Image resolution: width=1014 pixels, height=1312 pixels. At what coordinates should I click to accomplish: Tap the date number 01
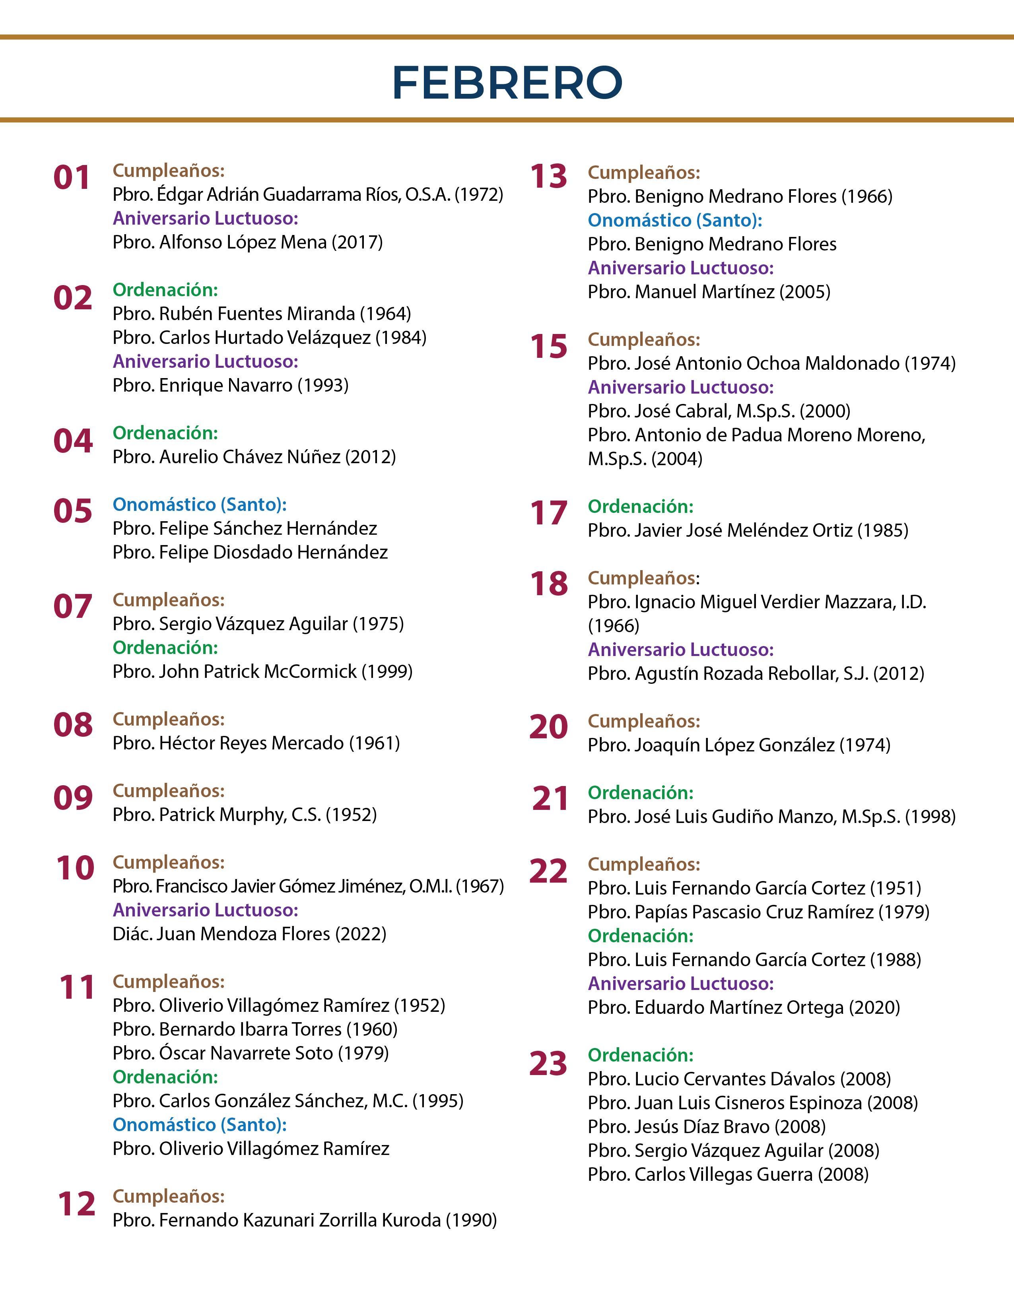click(x=72, y=178)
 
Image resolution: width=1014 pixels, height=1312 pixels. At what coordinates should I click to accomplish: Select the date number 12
click(x=76, y=1204)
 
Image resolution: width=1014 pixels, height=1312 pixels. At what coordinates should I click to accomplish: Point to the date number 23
click(x=548, y=1063)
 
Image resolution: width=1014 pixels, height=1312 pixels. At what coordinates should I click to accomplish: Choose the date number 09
click(x=73, y=798)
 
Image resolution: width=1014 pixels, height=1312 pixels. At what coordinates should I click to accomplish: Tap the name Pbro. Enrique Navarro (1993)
click(x=231, y=385)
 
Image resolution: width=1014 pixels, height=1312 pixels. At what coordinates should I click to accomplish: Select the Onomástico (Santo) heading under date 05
click(x=200, y=505)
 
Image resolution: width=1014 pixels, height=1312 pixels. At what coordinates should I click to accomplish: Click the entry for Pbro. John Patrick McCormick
click(x=262, y=671)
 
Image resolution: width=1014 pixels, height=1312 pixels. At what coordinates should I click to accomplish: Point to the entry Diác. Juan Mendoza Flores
click(x=249, y=934)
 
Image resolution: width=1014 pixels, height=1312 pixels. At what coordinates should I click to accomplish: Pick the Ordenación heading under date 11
click(x=165, y=1077)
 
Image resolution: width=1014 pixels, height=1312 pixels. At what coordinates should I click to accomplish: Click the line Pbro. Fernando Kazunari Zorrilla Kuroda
click(x=305, y=1220)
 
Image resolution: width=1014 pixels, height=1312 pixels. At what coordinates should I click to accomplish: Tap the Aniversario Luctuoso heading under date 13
click(x=681, y=268)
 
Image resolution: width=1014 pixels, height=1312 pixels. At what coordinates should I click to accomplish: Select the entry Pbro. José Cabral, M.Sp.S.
click(x=719, y=411)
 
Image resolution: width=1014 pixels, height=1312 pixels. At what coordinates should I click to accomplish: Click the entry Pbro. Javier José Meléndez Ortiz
click(x=748, y=530)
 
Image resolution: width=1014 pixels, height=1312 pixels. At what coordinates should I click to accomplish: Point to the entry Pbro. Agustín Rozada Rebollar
click(x=756, y=673)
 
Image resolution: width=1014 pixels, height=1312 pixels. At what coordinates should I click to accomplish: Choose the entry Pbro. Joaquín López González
click(x=739, y=745)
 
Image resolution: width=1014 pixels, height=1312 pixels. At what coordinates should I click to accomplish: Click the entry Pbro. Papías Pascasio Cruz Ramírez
click(x=758, y=912)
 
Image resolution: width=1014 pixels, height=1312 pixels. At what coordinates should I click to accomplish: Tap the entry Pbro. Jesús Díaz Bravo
click(x=707, y=1126)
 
